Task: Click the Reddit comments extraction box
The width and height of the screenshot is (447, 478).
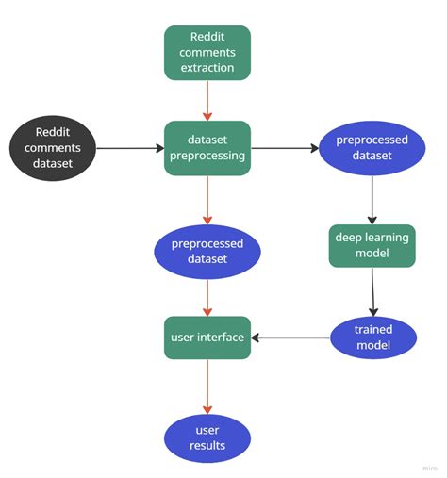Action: (207, 53)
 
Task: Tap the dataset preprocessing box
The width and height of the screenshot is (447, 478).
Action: (207, 148)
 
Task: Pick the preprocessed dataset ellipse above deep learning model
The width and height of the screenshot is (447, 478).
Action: (372, 148)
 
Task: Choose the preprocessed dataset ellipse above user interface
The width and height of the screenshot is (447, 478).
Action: (207, 251)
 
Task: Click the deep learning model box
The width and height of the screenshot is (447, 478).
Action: (372, 245)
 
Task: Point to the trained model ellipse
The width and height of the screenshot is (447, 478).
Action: (372, 338)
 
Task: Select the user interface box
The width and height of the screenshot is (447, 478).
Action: (207, 338)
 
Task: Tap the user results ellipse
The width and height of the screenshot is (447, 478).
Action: (207, 437)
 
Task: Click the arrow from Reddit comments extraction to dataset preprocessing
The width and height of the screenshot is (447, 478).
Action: (207, 101)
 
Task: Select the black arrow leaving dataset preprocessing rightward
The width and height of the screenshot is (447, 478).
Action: (286, 148)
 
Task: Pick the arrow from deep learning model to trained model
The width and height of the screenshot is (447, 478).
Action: (372, 291)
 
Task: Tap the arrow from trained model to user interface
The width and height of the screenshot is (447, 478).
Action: (290, 338)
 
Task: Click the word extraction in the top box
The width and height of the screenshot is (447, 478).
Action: (207, 69)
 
